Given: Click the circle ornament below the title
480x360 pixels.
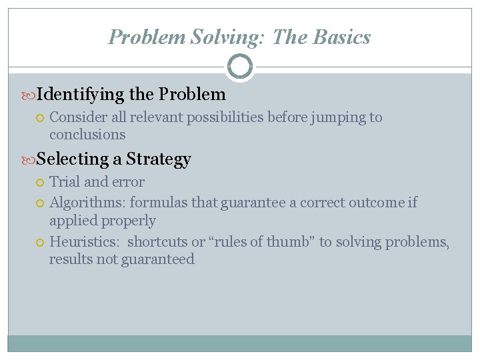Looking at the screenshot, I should [x=240, y=67].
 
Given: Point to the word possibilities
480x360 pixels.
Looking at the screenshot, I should [x=225, y=118].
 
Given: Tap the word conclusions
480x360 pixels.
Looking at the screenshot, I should [x=87, y=135].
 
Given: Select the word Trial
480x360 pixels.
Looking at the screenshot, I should [x=64, y=181].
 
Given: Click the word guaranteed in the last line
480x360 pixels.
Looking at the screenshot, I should [x=158, y=259].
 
